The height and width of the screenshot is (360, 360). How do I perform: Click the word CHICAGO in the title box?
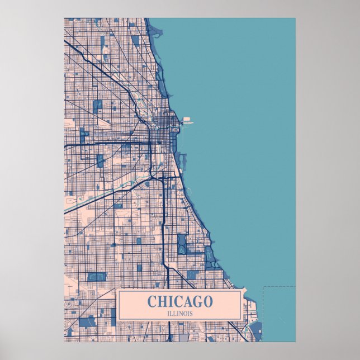click(x=180, y=302)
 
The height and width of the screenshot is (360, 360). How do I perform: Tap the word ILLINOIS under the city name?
click(x=180, y=313)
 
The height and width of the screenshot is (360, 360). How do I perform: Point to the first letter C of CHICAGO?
click(x=151, y=302)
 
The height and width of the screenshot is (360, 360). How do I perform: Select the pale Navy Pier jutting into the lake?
click(x=186, y=119)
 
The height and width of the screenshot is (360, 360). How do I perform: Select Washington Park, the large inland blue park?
click(x=182, y=243)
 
